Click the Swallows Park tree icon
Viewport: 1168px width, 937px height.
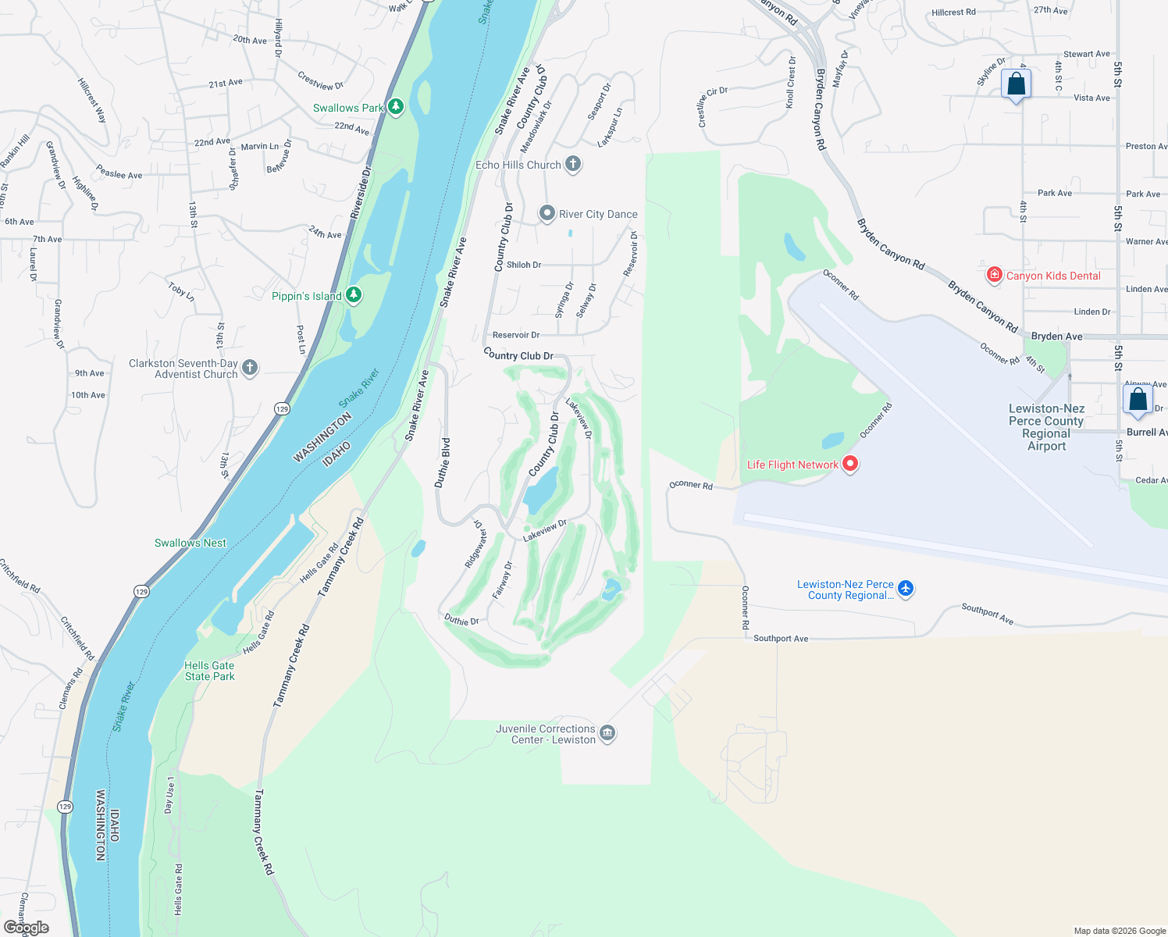click(396, 106)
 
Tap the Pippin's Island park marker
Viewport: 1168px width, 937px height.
click(354, 294)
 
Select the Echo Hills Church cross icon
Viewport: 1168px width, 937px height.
click(573, 164)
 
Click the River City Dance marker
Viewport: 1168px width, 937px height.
click(547, 213)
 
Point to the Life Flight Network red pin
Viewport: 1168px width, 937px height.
click(850, 463)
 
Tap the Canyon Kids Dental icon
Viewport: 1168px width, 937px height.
click(994, 275)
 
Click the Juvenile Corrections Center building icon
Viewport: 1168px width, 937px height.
click(608, 733)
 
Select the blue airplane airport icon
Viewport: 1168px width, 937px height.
click(906, 588)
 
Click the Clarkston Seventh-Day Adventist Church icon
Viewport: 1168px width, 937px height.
click(250, 368)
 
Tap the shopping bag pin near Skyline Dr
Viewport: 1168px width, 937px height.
click(1016, 84)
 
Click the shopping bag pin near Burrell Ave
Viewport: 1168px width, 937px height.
click(1138, 399)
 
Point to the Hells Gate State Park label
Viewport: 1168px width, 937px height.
click(209, 671)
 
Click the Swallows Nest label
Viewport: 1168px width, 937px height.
click(191, 543)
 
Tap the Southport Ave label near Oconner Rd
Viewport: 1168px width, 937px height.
click(781, 638)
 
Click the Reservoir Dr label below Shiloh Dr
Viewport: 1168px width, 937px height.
click(516, 335)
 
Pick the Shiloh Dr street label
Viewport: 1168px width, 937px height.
click(524, 265)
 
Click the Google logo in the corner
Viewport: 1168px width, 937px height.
click(27, 928)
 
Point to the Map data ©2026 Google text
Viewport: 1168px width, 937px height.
click(1120, 931)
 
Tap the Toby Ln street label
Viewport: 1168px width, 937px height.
click(181, 292)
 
